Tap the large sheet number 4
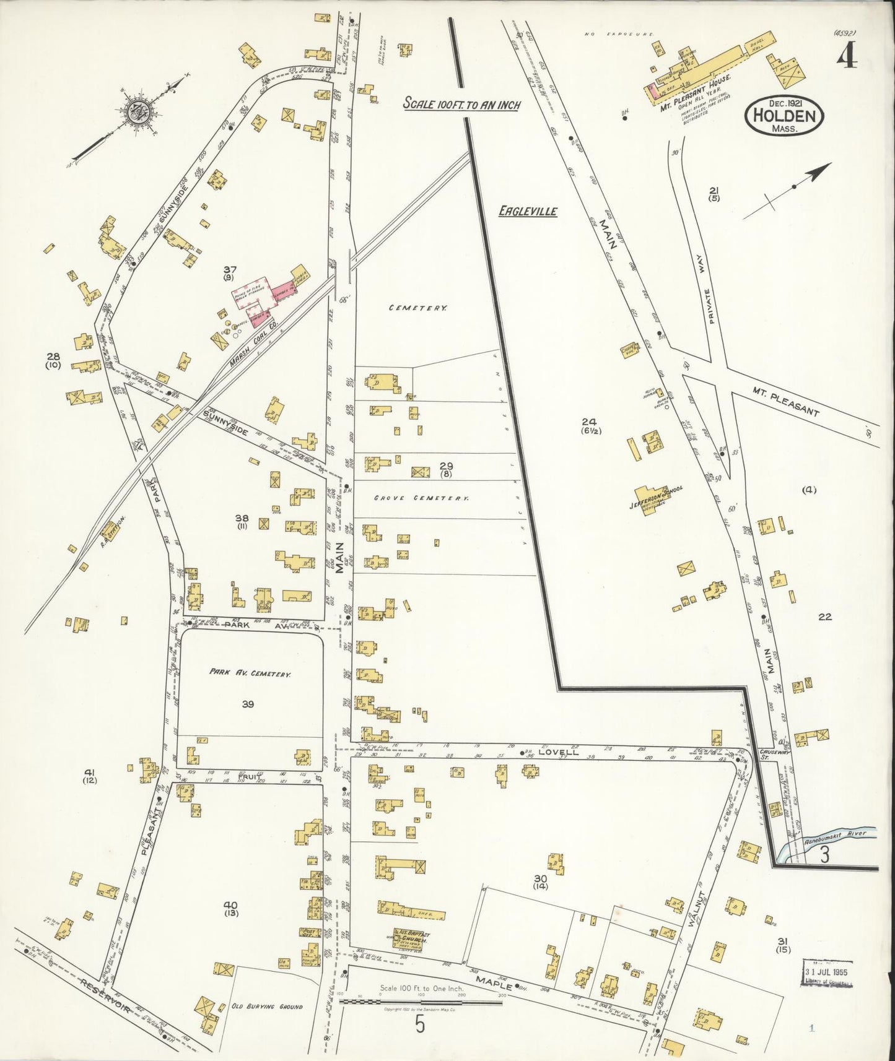tap(847, 57)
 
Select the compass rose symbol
tap(134, 111)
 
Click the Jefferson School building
tap(655, 496)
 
